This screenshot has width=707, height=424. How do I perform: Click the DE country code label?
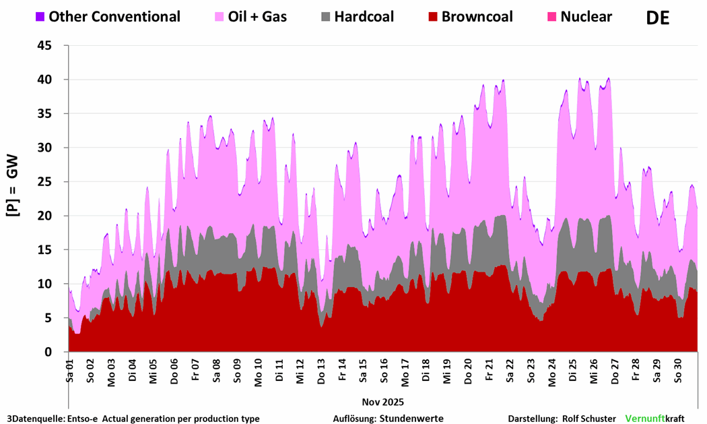(x=658, y=18)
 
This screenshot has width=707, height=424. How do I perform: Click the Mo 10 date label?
(x=258, y=368)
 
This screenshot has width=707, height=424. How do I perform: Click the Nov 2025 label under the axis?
(x=383, y=402)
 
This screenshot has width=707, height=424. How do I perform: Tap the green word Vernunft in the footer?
(x=645, y=419)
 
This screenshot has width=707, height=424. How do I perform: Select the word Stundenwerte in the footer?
(x=411, y=419)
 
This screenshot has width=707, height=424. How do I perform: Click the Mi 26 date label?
(x=593, y=368)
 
